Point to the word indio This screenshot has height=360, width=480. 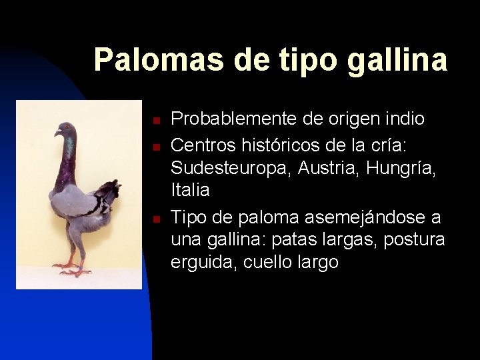pyautogui.click(x=400, y=119)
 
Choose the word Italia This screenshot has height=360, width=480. pyautogui.click(x=190, y=191)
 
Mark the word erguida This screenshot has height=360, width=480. pyautogui.click(x=203, y=263)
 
